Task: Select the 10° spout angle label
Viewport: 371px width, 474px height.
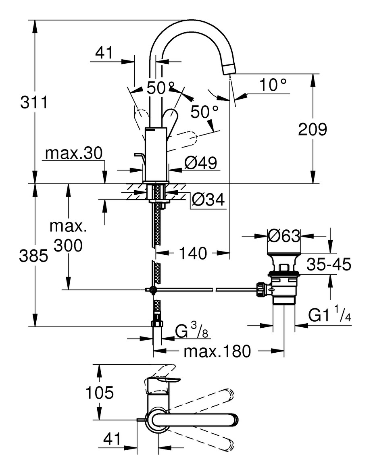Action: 273,85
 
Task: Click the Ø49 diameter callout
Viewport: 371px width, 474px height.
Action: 200,163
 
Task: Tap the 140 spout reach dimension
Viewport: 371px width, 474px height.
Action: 193,253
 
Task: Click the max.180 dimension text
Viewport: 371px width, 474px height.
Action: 217,351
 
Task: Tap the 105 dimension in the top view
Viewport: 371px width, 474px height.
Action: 99,392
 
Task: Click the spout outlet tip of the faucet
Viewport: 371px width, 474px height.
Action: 229,69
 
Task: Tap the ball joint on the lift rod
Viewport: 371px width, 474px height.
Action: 152,289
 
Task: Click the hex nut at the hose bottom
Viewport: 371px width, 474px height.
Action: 157,323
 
